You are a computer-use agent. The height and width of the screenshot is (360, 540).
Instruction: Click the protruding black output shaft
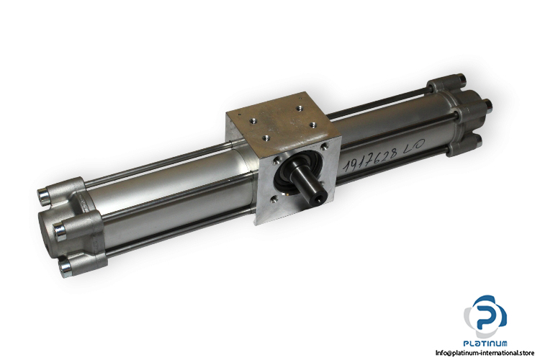[x=308, y=184]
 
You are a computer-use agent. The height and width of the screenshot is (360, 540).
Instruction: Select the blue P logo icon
[x=486, y=317]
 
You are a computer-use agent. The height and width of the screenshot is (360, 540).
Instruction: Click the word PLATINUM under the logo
[x=485, y=343]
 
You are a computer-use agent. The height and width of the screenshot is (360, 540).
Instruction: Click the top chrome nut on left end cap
[x=43, y=196]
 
